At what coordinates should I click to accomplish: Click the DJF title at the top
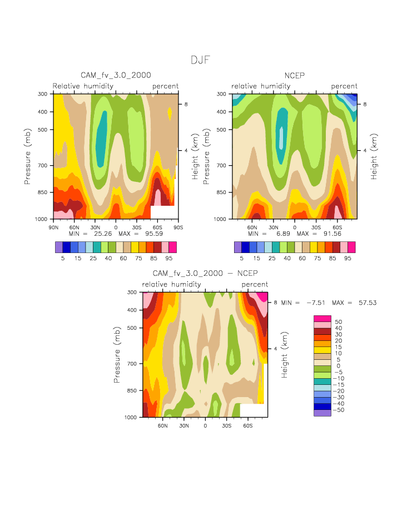point(200,60)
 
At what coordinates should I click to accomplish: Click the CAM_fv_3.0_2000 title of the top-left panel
point(116,75)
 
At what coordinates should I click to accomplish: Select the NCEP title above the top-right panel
point(295,75)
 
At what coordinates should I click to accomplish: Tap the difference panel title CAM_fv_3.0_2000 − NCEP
point(205,273)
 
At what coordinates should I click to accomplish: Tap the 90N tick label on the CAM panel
point(54,226)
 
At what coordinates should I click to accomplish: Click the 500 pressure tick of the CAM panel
point(43,130)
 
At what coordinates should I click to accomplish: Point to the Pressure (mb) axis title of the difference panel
point(117,355)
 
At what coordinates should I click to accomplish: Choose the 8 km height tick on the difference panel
point(275,303)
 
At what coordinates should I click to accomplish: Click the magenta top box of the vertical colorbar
point(322,318)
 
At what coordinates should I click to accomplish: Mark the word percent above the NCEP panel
point(344,86)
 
